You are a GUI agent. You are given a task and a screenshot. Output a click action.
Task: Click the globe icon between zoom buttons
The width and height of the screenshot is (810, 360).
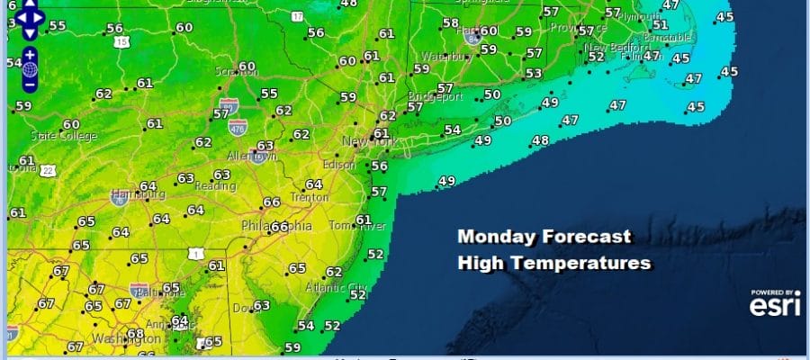[x=29, y=69]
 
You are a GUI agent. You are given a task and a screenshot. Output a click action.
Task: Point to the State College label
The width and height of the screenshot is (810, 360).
[x=55, y=136]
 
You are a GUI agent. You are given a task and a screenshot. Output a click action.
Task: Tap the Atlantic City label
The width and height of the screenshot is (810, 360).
[x=337, y=288]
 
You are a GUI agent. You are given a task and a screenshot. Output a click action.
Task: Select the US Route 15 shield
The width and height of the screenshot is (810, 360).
[x=121, y=41]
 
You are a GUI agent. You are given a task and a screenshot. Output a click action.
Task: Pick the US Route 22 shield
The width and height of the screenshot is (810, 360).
[x=46, y=169]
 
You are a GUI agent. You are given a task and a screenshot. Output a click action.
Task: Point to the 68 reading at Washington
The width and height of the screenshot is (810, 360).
[x=136, y=335]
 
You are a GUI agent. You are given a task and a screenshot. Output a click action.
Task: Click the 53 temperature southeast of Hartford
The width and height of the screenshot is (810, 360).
[x=534, y=74]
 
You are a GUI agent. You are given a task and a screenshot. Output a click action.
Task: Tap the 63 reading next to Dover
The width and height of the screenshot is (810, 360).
[x=262, y=306]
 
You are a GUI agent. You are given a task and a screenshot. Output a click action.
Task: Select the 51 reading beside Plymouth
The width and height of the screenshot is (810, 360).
[x=660, y=24]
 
